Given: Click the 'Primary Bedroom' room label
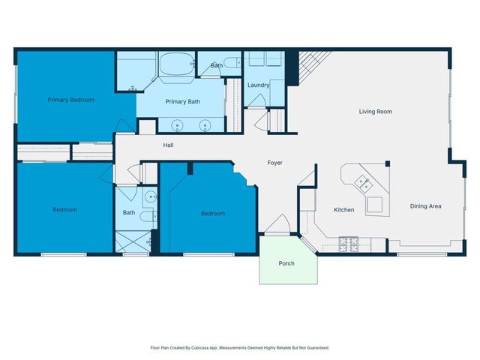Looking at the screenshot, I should coord(71,100).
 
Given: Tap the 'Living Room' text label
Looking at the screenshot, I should coord(375,112).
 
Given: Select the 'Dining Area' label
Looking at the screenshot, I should coord(425,206).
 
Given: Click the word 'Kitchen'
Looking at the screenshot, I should coord(344,210).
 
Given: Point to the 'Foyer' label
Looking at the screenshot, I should coord(275,162).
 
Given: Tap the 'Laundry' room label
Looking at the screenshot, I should coord(258,85).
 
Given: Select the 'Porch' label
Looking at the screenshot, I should coord(286,263).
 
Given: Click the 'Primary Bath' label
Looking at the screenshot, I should coord(182,102).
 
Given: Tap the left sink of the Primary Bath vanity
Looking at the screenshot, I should coord(177,125).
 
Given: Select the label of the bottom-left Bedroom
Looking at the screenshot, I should coord(64,210).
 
